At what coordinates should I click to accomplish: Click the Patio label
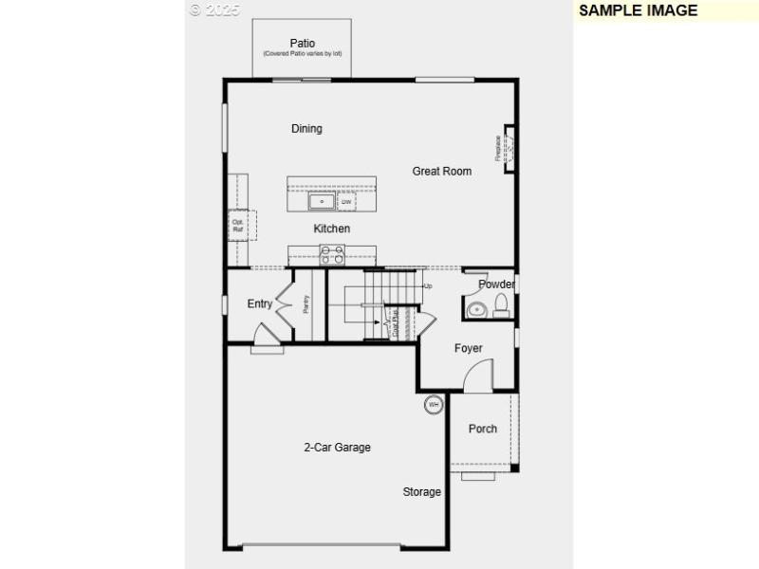(x=302, y=43)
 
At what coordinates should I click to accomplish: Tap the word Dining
(x=306, y=129)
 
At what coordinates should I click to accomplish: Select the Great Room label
(x=441, y=172)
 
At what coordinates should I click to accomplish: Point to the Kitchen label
(x=332, y=229)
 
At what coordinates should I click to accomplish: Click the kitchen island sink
(x=321, y=202)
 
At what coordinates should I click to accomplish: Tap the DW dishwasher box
(x=346, y=202)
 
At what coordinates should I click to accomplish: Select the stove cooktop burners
(x=332, y=254)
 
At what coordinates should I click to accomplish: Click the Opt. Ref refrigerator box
(x=238, y=227)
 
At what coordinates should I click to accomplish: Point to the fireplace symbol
(x=508, y=149)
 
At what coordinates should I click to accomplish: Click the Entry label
(x=259, y=304)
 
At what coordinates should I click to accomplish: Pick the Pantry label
(x=305, y=304)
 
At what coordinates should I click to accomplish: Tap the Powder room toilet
(x=502, y=304)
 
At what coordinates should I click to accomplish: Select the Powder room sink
(x=477, y=308)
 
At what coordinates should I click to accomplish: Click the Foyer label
(x=468, y=348)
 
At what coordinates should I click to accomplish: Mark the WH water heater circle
(x=434, y=405)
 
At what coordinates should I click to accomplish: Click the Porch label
(x=483, y=429)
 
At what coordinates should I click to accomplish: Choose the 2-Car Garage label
(x=337, y=448)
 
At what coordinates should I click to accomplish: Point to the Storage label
(x=421, y=492)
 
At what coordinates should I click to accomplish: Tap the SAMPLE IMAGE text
(x=638, y=10)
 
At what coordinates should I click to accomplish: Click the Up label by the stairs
(x=428, y=286)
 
